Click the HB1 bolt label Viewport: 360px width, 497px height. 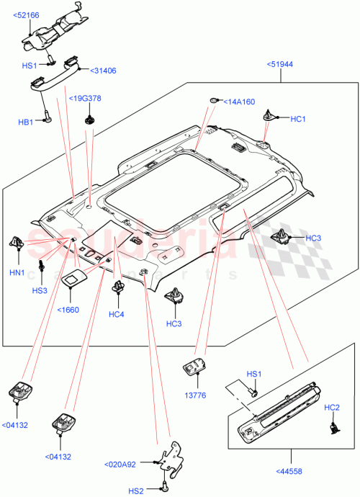pos(26,122)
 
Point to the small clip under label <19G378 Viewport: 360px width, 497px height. pos(89,117)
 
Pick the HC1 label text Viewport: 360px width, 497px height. pos(298,119)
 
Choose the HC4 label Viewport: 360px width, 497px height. pos(116,314)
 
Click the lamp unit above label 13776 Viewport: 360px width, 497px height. pos(194,367)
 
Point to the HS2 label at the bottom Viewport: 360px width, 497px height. pos(136,491)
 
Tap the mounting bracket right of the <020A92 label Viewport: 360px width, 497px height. pos(170,457)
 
